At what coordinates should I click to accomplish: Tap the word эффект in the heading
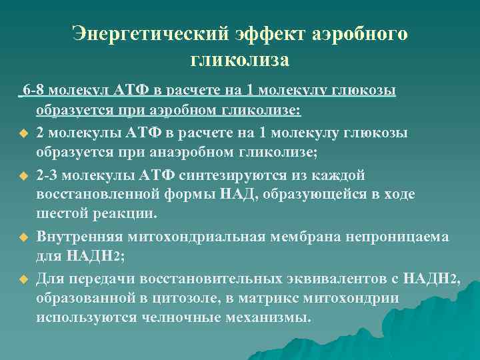pyautogui.click(x=267, y=34)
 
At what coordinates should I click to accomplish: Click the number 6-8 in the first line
pyautogui.click(x=33, y=89)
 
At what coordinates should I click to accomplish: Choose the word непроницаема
pyautogui.click(x=400, y=237)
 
